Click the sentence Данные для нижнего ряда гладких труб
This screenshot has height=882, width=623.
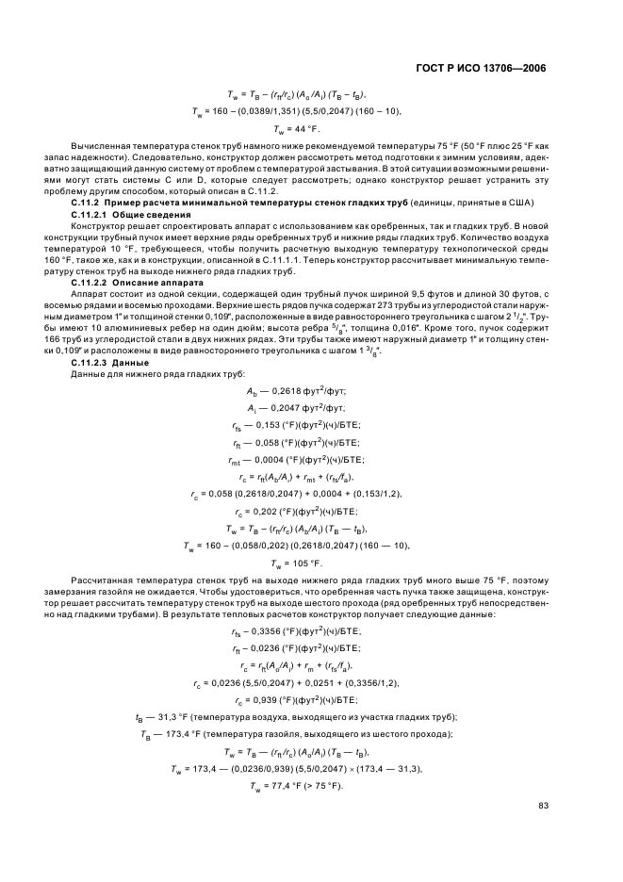pos(146,374)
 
